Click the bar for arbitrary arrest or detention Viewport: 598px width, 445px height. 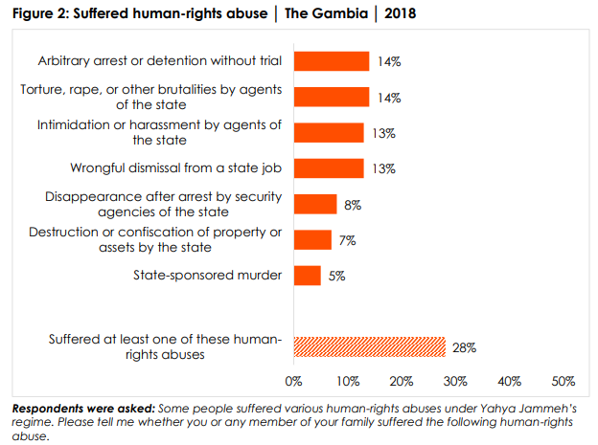331,61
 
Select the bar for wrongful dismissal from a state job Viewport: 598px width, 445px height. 328,168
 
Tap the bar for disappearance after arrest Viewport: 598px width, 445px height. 315,204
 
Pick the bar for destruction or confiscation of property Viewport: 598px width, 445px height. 312,239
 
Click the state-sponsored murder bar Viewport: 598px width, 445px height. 307,276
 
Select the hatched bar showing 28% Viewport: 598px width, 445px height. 369,346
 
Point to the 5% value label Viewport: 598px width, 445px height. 335,276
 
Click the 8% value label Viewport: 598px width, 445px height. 353,204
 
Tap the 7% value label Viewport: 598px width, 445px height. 347,240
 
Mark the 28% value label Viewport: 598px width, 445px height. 465,346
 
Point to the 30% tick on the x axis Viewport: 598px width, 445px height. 454,382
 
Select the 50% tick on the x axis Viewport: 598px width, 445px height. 562,382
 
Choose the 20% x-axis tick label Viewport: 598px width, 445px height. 401,382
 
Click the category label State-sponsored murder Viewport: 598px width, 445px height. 207,276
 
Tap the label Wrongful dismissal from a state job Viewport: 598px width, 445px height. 175,168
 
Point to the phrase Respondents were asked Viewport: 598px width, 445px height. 83,409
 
